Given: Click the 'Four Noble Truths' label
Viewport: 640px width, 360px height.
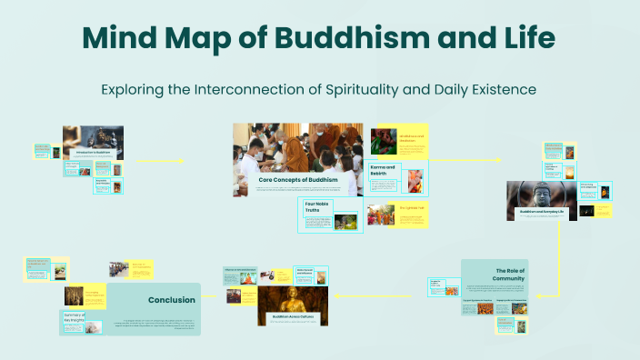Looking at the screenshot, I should point(317,206).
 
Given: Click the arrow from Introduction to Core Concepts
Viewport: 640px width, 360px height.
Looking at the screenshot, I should point(159,161).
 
